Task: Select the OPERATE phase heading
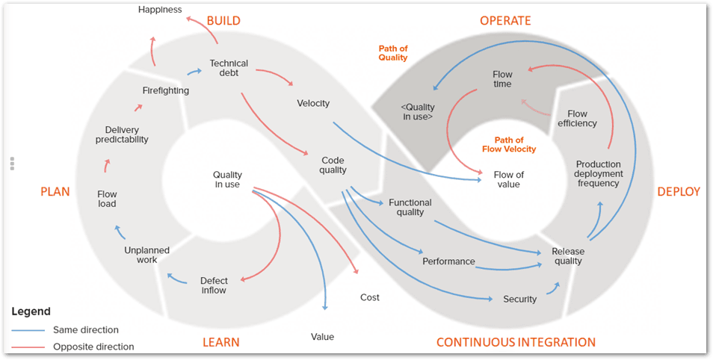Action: pyautogui.click(x=504, y=20)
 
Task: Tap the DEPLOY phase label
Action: pyautogui.click(x=679, y=192)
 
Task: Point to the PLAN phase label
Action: pyautogui.click(x=55, y=192)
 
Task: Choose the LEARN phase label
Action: pyautogui.click(x=221, y=342)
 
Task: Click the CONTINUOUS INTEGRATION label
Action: pyautogui.click(x=516, y=342)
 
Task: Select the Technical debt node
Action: pyautogui.click(x=229, y=69)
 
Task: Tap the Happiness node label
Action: pyautogui.click(x=161, y=9)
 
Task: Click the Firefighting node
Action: pyautogui.click(x=165, y=90)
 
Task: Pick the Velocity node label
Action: pyautogui.click(x=313, y=103)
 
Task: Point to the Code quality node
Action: pyautogui.click(x=333, y=165)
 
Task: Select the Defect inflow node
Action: pyautogui.click(x=213, y=285)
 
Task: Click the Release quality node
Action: pyautogui.click(x=567, y=256)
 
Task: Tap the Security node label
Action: pyautogui.click(x=519, y=299)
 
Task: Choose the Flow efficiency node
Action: pyautogui.click(x=577, y=119)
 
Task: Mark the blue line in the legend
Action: pyautogui.click(x=30, y=329)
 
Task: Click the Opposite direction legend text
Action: pyautogui.click(x=93, y=347)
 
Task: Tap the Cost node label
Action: pyautogui.click(x=369, y=297)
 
